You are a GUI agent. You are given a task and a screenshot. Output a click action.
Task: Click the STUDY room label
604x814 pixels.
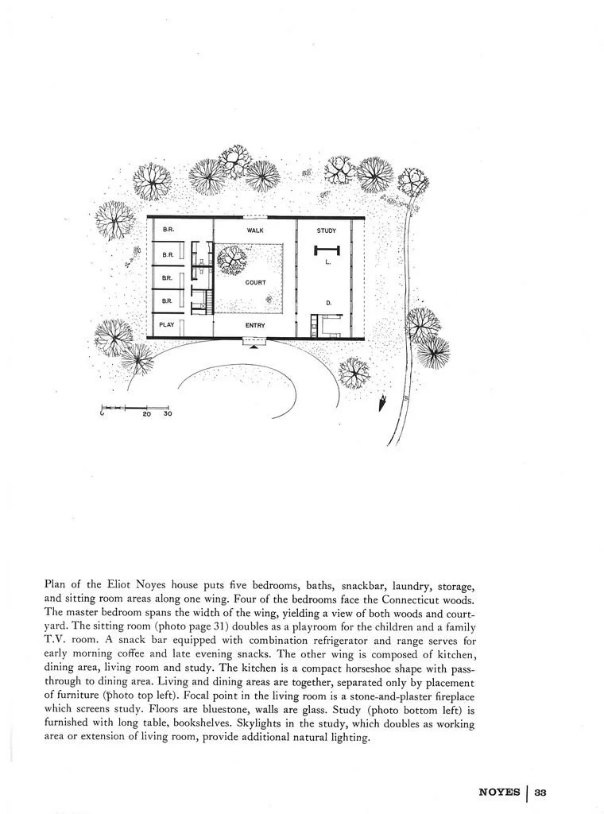pos(327,231)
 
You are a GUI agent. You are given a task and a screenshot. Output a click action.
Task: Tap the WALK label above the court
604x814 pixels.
pos(255,231)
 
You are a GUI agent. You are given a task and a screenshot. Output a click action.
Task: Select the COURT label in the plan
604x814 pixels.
pos(256,282)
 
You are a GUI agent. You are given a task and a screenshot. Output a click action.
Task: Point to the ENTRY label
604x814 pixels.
pos(255,325)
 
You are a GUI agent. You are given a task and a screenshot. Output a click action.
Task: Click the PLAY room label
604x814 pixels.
pos(167,324)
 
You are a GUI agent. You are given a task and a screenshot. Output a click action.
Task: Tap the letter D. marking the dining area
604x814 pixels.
pos(328,303)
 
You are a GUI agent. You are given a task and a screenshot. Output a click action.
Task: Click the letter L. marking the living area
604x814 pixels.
pos(329,262)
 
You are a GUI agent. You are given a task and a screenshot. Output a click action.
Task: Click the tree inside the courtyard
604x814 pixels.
pos(234,259)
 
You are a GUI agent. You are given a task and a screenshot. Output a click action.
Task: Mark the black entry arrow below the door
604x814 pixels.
pos(254,347)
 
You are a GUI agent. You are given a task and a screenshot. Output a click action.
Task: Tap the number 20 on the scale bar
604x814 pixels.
pos(147,414)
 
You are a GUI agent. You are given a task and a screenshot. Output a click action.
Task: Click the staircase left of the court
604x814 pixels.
pos(208,302)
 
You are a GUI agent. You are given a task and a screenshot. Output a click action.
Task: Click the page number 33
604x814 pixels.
pos(540,792)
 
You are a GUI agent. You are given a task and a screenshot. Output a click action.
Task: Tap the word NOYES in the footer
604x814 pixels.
pos(499,792)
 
